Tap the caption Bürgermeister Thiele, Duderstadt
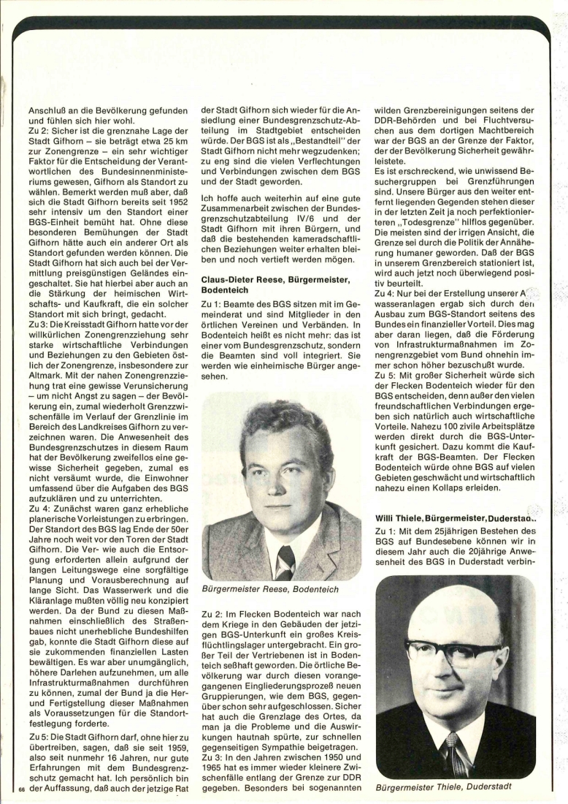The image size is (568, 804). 443,786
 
